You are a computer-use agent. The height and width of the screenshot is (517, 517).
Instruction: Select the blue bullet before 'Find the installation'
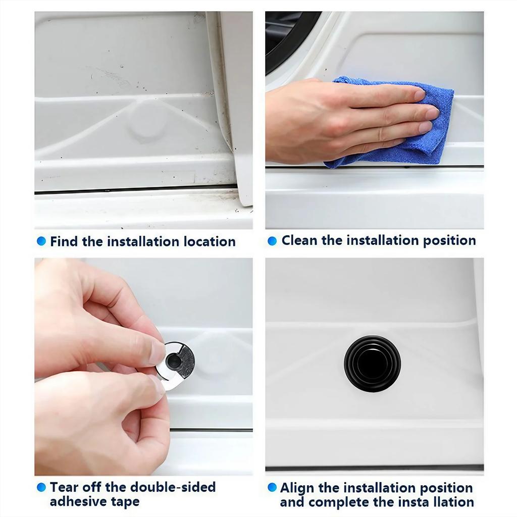pyautogui.click(x=41, y=241)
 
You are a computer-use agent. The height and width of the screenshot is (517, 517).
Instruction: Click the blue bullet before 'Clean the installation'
pyautogui.click(x=272, y=241)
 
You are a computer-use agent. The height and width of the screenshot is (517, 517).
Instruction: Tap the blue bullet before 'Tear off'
pyautogui.click(x=41, y=487)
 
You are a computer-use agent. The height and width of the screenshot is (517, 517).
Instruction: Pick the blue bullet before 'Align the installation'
pyautogui.click(x=272, y=487)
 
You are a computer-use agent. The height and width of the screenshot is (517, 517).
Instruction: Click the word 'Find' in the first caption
pyautogui.click(x=64, y=241)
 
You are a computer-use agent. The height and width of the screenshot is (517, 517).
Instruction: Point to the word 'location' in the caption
pyautogui.click(x=209, y=241)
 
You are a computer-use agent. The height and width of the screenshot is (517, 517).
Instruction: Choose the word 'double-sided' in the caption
pyautogui.click(x=173, y=487)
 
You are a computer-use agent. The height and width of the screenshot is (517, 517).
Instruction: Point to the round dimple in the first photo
pyautogui.click(x=147, y=121)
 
